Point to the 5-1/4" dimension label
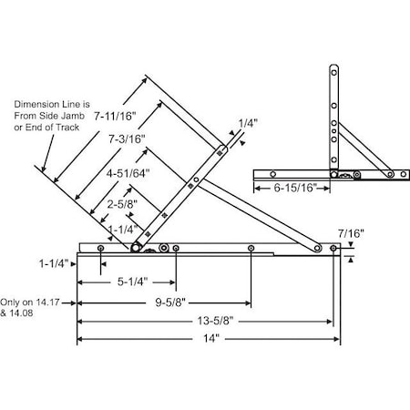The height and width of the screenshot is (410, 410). coord(131,282)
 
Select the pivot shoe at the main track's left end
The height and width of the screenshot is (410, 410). coord(137,247)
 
